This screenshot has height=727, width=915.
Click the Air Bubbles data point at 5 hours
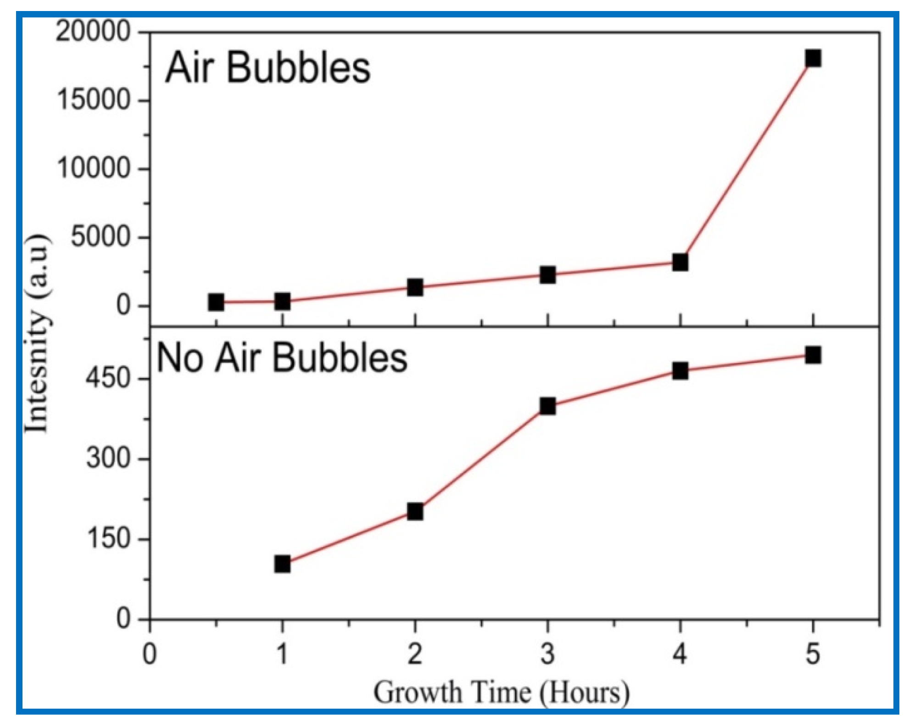click(813, 59)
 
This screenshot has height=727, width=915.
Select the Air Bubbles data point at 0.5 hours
click(216, 302)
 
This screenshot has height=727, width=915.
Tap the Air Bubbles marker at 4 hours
click(680, 263)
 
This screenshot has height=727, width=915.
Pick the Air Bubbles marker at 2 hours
click(415, 287)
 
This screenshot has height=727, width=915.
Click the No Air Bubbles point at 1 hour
click(282, 564)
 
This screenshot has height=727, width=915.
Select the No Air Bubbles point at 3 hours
click(547, 406)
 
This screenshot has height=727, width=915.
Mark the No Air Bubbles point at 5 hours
click(813, 355)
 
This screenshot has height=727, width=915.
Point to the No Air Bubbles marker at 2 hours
click(415, 511)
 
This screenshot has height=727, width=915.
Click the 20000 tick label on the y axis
click(93, 32)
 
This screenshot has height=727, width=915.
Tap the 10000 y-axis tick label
click(93, 169)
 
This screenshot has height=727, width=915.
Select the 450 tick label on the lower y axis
click(108, 379)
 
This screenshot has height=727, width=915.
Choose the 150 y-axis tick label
click(108, 539)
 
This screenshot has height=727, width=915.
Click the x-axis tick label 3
click(547, 653)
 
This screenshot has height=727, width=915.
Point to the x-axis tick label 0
click(150, 653)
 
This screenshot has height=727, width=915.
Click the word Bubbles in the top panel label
click(298, 68)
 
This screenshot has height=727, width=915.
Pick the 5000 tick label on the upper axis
click(101, 237)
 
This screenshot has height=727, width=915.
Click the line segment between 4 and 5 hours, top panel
click(747, 161)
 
